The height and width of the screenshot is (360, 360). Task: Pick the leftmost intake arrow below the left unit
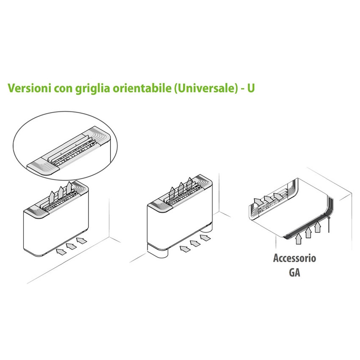tap(61, 252)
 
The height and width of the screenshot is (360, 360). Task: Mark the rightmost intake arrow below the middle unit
tap(205, 238)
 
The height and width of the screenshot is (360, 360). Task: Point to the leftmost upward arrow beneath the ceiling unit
tap(298, 238)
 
